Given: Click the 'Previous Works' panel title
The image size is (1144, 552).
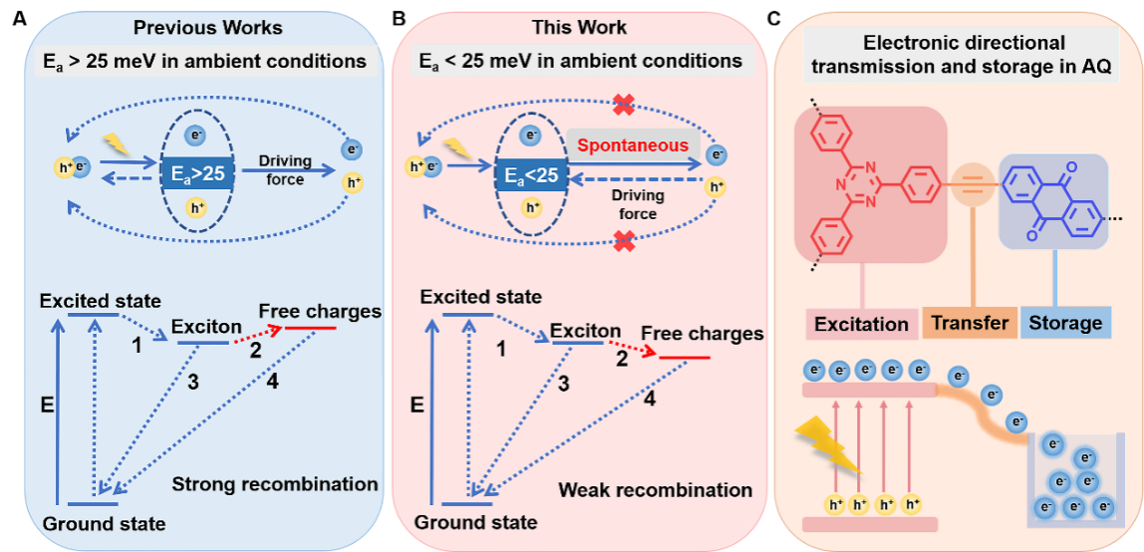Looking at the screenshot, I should [x=208, y=27].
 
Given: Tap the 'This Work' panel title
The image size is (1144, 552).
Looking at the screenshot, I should [x=579, y=27].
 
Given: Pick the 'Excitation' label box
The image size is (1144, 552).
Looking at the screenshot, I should [x=861, y=324].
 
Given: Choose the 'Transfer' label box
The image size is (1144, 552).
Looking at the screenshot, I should [x=970, y=323].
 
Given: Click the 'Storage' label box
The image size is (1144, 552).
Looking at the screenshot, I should [x=1065, y=323].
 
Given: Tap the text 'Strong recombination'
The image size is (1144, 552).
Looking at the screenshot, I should [x=275, y=485].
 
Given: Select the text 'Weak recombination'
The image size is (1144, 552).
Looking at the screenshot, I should [x=655, y=489].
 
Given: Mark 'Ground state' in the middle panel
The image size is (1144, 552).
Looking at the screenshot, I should [x=475, y=522].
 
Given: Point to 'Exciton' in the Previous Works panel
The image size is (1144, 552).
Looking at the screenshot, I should [x=206, y=326].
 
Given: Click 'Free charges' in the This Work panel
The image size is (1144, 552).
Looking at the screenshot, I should [x=702, y=333].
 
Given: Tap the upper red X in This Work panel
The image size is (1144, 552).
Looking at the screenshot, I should [x=624, y=104].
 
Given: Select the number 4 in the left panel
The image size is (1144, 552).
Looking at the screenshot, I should [x=271, y=380].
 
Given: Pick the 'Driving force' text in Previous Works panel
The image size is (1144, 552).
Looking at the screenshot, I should [x=285, y=169].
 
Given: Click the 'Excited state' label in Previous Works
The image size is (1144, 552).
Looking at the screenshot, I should [x=100, y=300].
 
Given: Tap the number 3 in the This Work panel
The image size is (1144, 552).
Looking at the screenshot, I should [x=564, y=384].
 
